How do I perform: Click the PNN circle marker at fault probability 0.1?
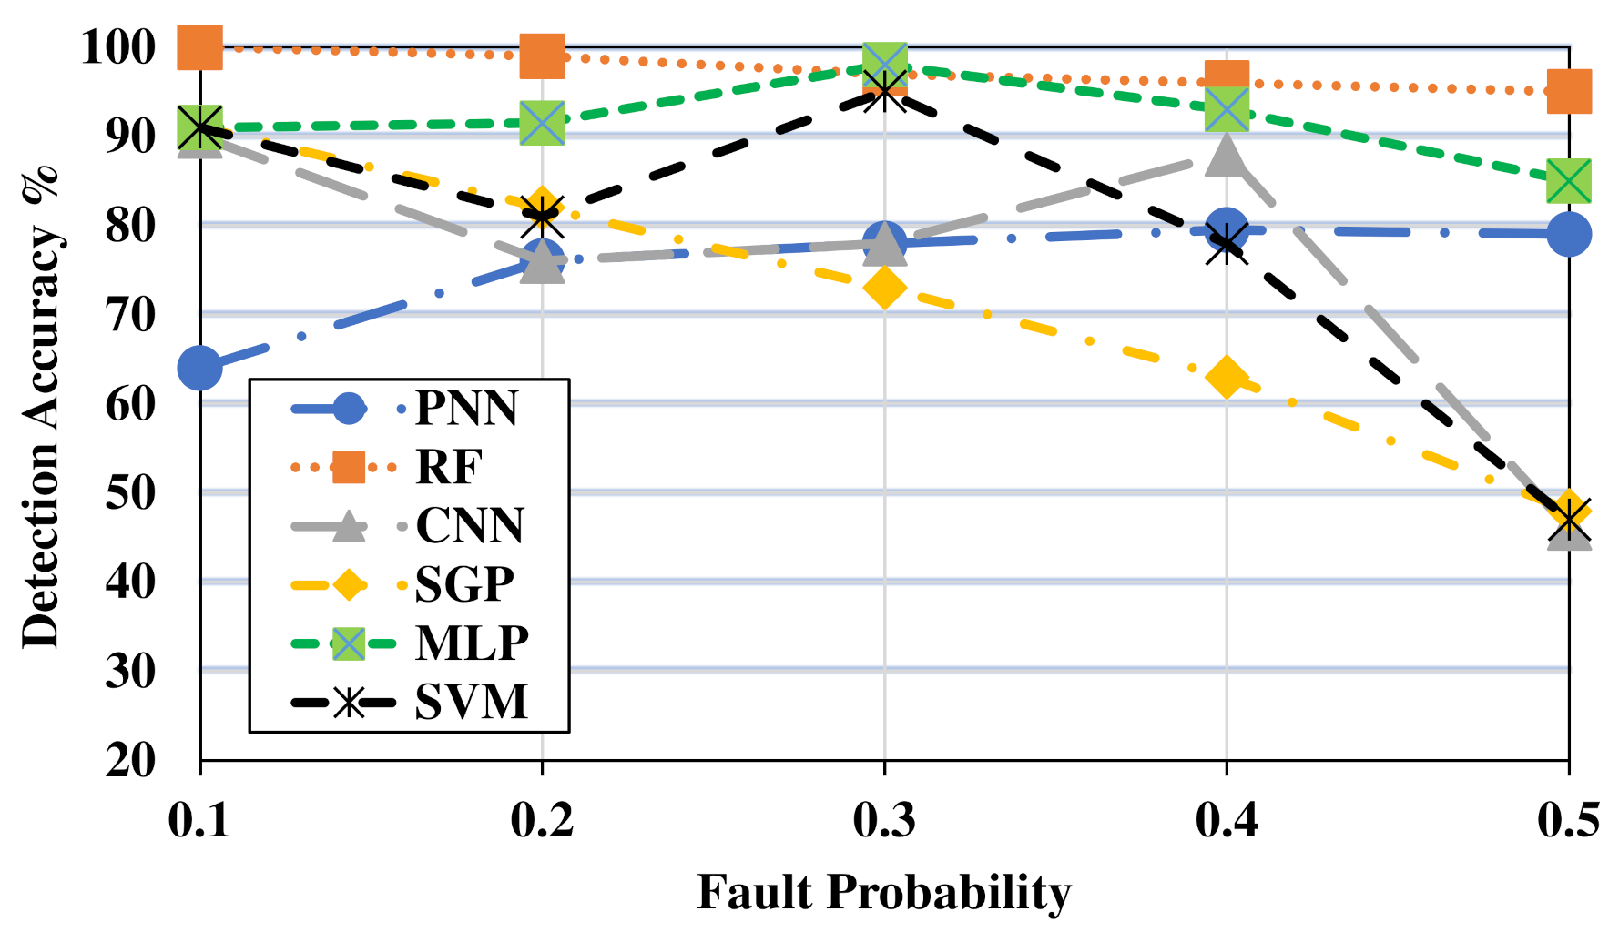[x=200, y=368]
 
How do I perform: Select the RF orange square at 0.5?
[x=1568, y=91]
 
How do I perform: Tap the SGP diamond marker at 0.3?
[x=884, y=289]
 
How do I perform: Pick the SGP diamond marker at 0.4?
[x=1227, y=377]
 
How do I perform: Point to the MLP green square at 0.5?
[x=1568, y=180]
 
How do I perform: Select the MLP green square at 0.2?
[x=543, y=123]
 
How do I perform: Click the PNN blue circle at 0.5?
[x=1568, y=235]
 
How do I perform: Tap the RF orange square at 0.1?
[x=200, y=46]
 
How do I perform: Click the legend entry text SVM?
[x=471, y=702]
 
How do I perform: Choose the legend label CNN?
[x=470, y=525]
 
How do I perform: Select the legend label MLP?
[x=472, y=643]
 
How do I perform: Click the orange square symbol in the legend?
[x=348, y=467]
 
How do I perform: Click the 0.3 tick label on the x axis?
[x=884, y=821]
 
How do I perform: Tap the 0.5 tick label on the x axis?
[x=1568, y=821]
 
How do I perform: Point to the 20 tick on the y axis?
[x=131, y=759]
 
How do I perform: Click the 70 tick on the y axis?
[x=131, y=314]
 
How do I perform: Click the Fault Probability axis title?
[x=884, y=892]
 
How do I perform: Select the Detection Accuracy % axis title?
[x=42, y=405]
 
